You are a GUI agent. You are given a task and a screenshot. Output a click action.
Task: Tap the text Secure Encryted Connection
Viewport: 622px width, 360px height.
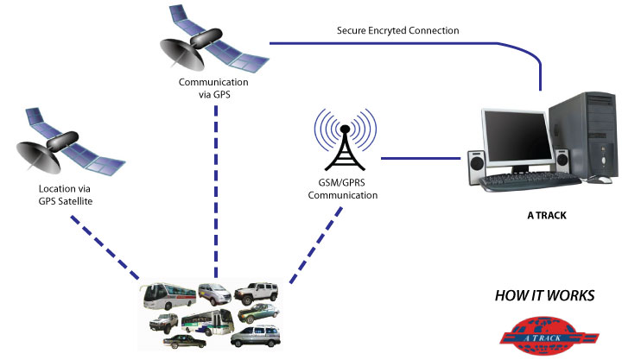coord(397,30)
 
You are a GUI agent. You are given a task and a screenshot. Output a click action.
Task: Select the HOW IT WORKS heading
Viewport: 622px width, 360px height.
coord(544,296)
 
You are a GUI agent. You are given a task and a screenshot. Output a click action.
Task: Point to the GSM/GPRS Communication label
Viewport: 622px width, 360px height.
coord(345,189)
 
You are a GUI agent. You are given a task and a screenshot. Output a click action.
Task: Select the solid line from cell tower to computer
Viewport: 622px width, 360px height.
coord(419,158)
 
